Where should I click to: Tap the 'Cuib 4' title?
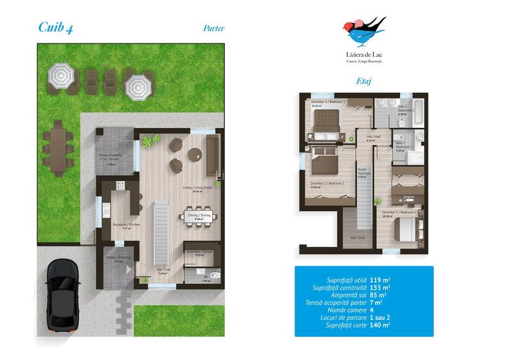(54, 26)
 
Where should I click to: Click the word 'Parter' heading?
(213, 28)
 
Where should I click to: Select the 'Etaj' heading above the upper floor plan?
(363, 82)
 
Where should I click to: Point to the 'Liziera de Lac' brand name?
(363, 56)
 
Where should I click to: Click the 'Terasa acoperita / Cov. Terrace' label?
(117, 157)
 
